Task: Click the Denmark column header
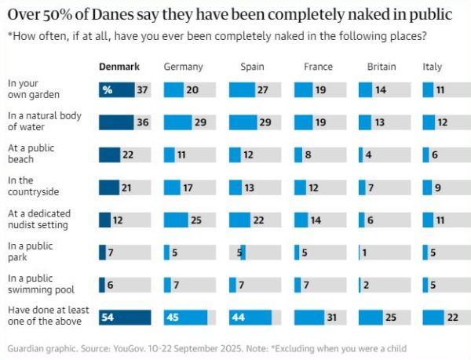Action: point(119,67)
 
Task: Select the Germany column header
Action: point(183,67)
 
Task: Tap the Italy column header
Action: point(433,67)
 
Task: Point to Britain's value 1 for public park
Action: point(364,252)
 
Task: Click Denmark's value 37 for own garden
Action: point(141,90)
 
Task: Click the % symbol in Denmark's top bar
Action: point(108,90)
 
